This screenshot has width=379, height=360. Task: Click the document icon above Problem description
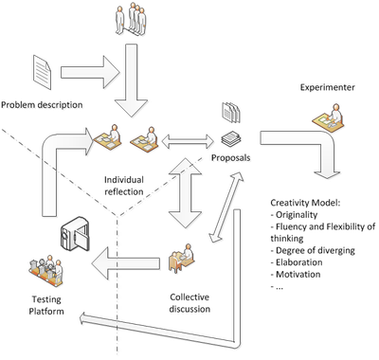pyautogui.click(x=43, y=72)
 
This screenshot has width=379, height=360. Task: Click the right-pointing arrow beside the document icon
pyautogui.click(x=91, y=72)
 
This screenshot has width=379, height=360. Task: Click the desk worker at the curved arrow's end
pyautogui.click(x=111, y=140)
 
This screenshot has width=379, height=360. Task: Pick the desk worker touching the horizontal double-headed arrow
pyautogui.click(x=147, y=140)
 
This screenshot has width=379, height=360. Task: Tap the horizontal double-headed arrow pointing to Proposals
pyautogui.click(x=188, y=142)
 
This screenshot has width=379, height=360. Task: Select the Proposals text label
pyautogui.click(x=232, y=157)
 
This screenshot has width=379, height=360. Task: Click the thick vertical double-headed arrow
pyautogui.click(x=187, y=194)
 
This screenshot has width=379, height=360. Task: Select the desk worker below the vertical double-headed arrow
pyautogui.click(x=180, y=258)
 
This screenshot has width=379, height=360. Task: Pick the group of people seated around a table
pyautogui.click(x=45, y=273)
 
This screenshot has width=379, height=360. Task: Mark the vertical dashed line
pyautogui.click(x=118, y=284)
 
